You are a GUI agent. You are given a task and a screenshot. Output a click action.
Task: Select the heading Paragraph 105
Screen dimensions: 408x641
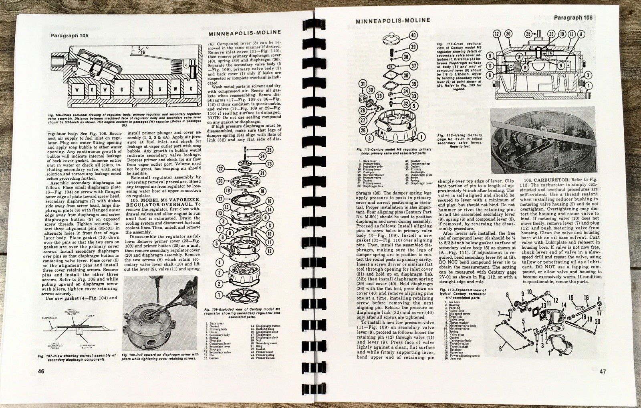(69, 35)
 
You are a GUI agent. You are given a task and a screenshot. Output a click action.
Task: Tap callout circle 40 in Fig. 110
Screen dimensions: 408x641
(412, 35)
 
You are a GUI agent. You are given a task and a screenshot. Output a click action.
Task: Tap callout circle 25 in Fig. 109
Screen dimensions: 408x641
(269, 150)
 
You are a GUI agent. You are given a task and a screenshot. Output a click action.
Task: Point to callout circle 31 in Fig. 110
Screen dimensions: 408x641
(363, 84)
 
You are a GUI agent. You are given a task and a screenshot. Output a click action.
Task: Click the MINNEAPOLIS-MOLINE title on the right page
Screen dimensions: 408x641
(393, 20)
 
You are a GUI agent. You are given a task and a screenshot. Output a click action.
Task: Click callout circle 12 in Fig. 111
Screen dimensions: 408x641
(497, 34)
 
